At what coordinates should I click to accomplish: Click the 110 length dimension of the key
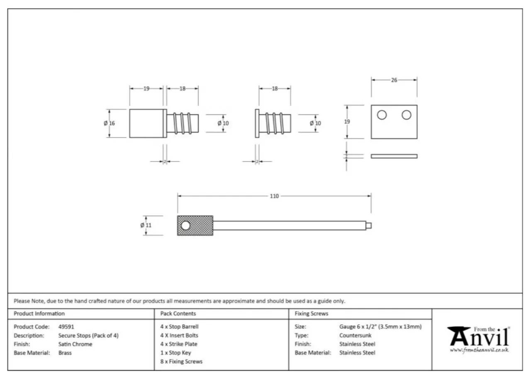(274, 196)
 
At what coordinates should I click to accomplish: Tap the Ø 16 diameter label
(110, 123)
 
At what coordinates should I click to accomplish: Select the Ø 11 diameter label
(146, 225)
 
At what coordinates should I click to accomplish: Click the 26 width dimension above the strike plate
(394, 80)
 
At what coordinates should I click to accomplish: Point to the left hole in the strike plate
(382, 115)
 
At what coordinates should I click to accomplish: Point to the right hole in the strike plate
(406, 115)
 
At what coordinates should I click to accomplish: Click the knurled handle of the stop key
(199, 225)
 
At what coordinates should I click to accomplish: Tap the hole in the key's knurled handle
(185, 225)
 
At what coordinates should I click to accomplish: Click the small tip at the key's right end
(369, 225)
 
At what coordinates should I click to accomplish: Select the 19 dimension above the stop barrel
(146, 88)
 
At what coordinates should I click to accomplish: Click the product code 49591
(66, 327)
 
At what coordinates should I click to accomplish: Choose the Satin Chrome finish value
(75, 344)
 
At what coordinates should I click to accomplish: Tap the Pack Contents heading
(178, 314)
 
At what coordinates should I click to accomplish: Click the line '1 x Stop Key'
(175, 353)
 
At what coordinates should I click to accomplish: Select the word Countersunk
(355, 336)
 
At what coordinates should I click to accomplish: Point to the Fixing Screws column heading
(311, 314)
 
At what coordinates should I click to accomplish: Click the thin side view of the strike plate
(394, 156)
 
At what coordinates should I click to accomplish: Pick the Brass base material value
(65, 353)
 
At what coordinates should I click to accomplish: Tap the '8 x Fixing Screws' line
(181, 362)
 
